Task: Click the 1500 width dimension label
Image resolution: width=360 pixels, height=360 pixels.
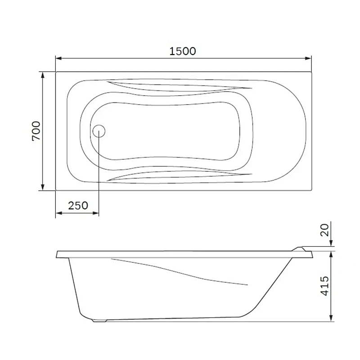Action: [183, 51]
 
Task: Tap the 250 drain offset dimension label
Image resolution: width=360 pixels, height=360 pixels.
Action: [77, 206]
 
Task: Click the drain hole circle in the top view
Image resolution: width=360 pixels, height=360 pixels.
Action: [99, 131]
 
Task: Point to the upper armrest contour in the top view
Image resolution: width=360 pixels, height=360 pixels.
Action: [180, 86]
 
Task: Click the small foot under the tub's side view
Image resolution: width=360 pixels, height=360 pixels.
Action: [99, 321]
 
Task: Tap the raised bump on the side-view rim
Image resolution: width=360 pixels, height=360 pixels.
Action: [299, 248]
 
